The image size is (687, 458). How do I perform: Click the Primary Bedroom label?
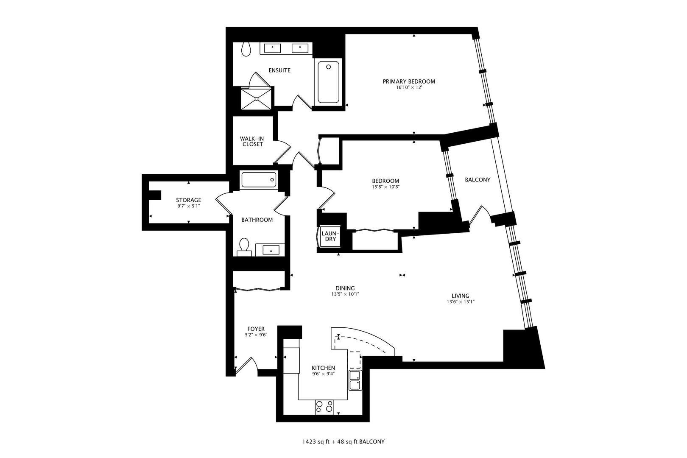click(409, 81)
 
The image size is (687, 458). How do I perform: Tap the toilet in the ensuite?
click(246, 50)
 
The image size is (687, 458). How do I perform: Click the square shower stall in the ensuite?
click(256, 98)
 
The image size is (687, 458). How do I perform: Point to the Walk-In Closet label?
click(251, 141)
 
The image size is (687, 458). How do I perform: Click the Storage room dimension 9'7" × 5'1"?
click(189, 207)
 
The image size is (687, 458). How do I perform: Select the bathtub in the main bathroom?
click(259, 180)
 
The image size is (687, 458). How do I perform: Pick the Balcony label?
click(477, 180)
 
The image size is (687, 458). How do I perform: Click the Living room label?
click(460, 296)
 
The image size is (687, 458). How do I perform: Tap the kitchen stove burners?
click(324, 407)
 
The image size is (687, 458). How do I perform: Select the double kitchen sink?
click(355, 380)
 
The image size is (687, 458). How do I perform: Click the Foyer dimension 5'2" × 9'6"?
click(256, 335)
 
